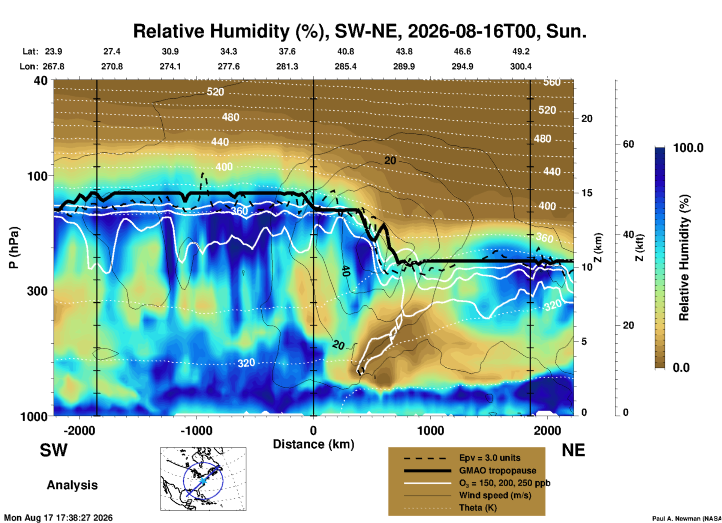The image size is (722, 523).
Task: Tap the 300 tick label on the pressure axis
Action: pos(37,291)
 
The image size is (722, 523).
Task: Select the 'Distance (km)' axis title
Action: pos(313,444)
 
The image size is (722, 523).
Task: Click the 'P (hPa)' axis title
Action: pos(14,248)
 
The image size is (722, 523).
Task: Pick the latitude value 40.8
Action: pos(346,51)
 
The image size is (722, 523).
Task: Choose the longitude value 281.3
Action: pos(287,66)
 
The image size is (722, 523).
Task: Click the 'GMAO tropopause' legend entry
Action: pos(497,470)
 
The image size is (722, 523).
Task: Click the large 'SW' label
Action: pos(54,450)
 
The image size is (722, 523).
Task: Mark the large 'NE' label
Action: pos(573,450)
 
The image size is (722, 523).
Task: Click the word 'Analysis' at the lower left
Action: pos(72,485)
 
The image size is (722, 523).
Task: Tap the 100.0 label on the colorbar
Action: pos(688,148)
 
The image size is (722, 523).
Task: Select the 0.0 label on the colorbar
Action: pos(681,367)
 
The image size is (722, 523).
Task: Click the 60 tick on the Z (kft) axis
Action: pos(628,144)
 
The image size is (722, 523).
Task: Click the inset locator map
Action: pos(203,479)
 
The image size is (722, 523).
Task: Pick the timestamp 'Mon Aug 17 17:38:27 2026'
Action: pos(58,518)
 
